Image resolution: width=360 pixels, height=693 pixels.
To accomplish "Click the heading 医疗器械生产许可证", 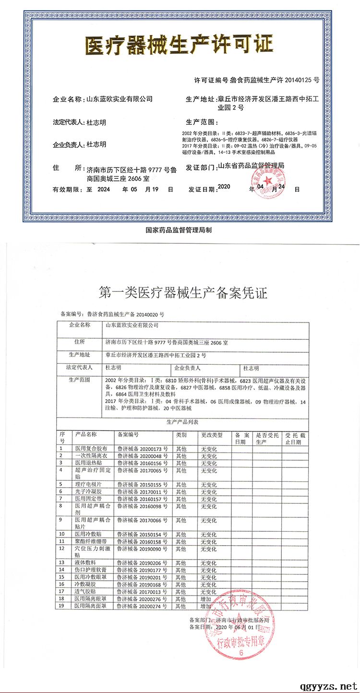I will click(179, 45).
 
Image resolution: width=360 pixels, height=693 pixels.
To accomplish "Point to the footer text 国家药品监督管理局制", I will click(179, 230).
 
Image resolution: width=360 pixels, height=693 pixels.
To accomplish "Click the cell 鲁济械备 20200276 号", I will click(143, 599).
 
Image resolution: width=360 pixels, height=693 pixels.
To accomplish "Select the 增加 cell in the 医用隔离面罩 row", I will click(206, 606).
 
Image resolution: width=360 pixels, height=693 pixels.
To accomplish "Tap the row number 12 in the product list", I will click(62, 548).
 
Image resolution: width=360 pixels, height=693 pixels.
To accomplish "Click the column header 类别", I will click(181, 434).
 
